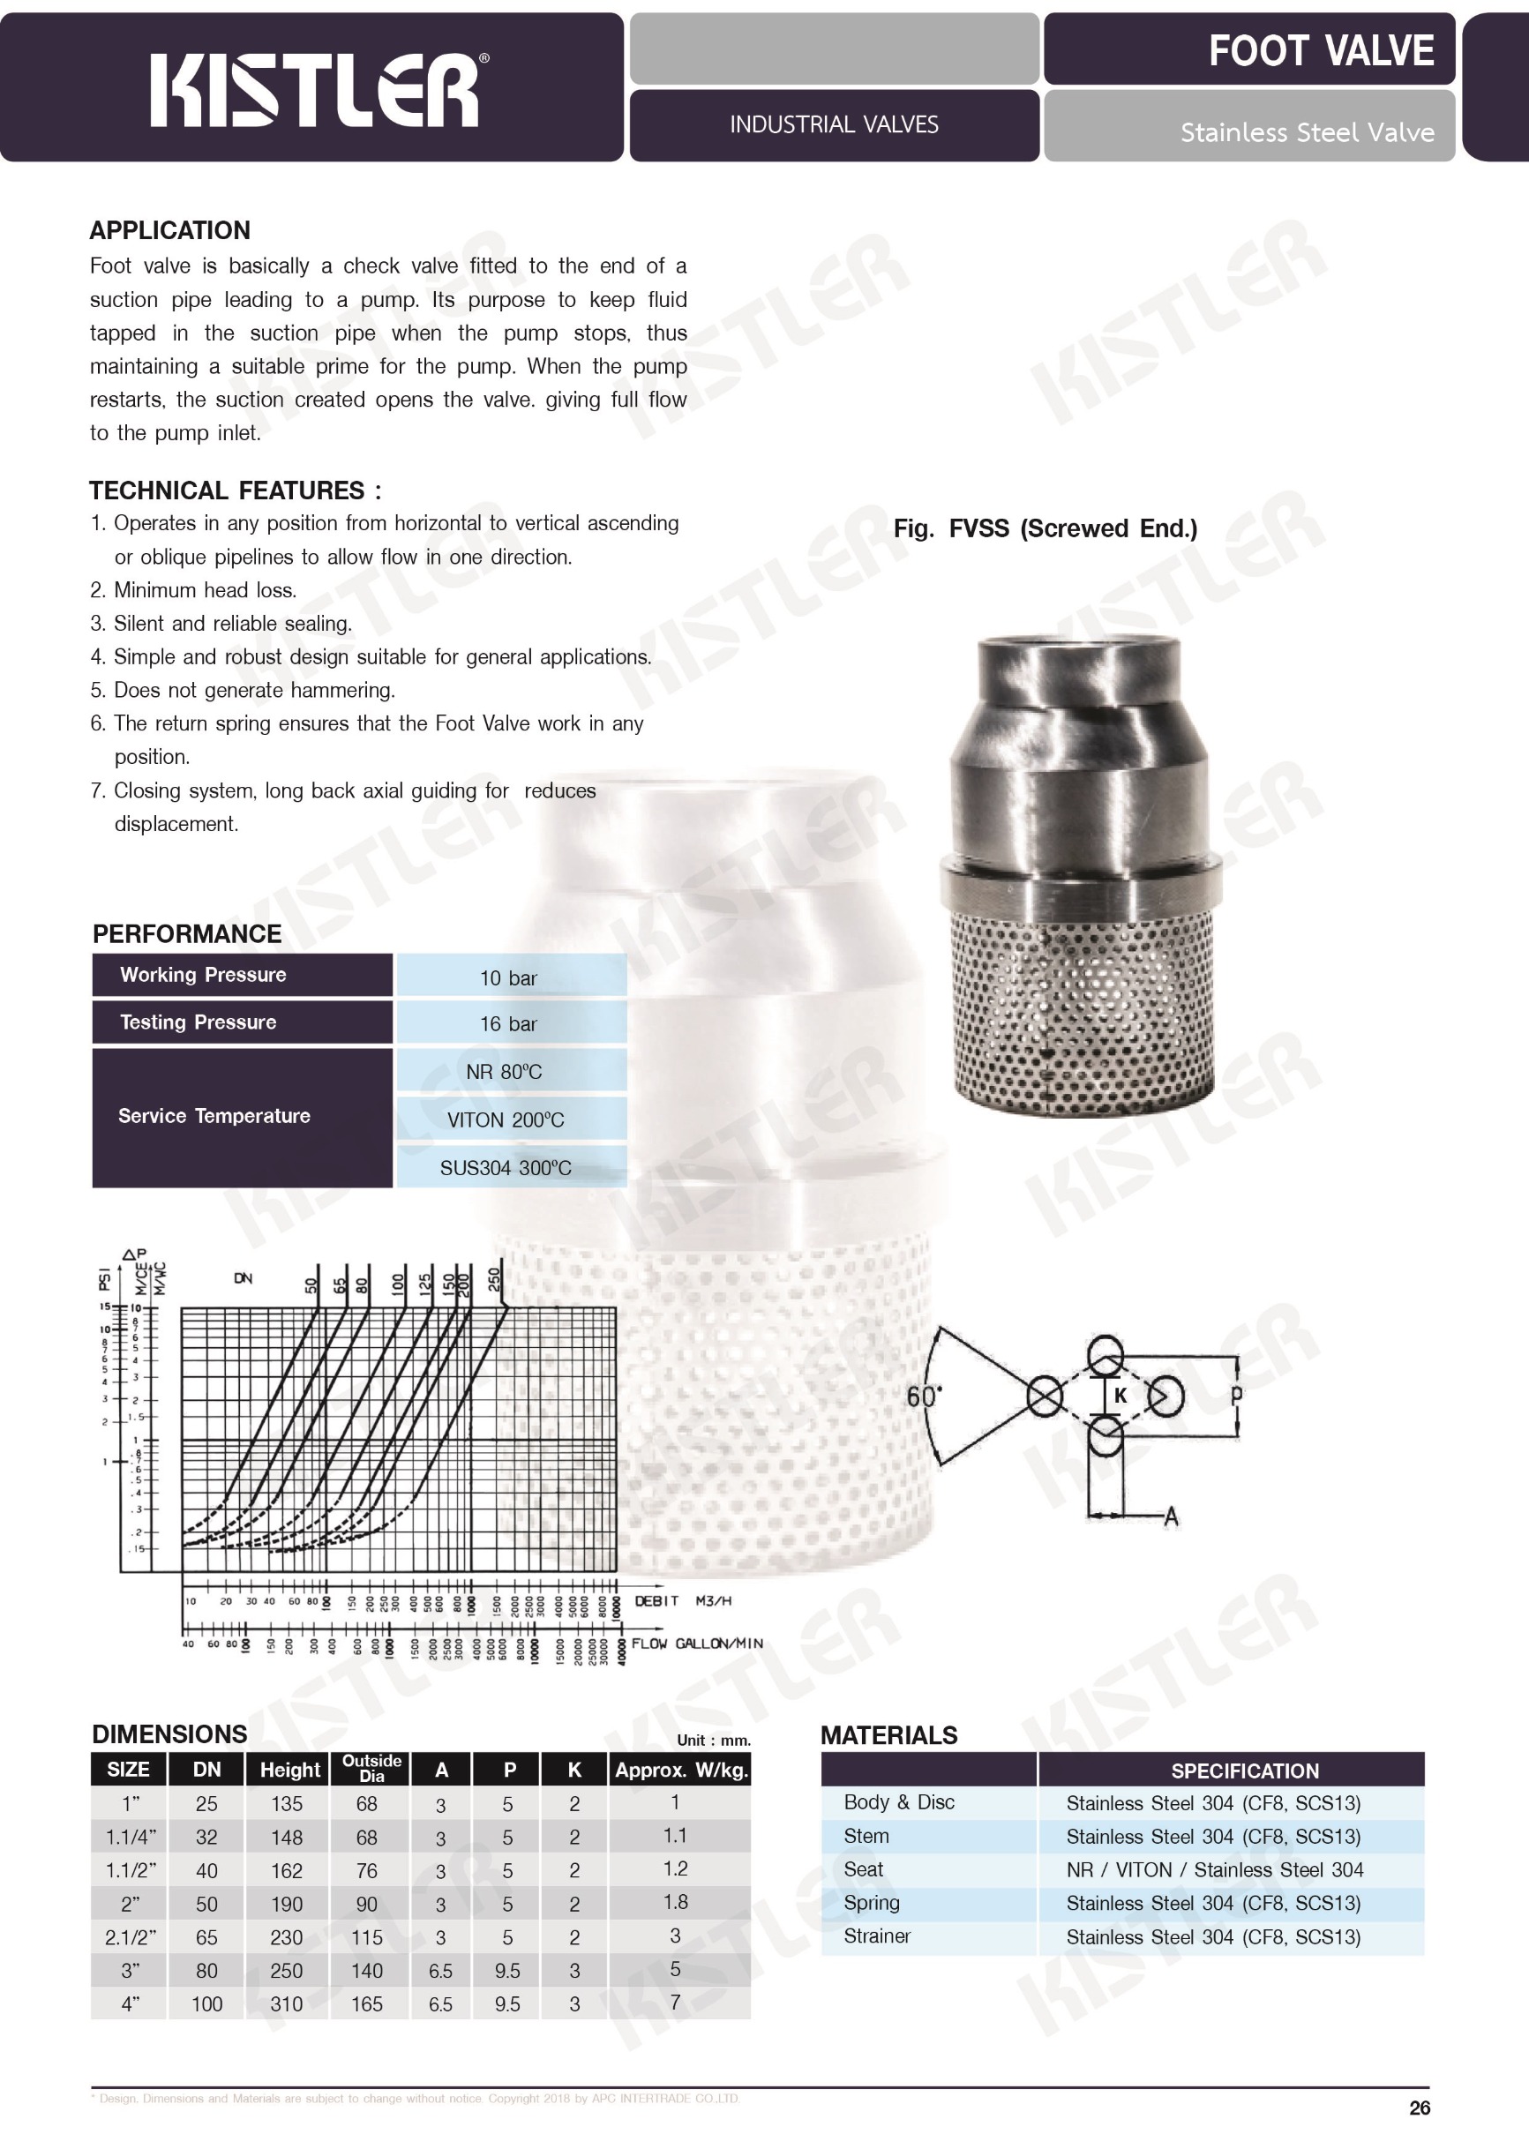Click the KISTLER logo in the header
(x=314, y=89)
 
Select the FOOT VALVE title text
(x=1320, y=51)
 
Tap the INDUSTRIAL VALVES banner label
(x=834, y=125)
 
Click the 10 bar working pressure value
(x=508, y=977)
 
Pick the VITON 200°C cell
(x=506, y=1119)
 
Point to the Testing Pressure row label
(x=198, y=1022)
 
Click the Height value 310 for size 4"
(x=287, y=2004)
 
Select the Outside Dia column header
(x=371, y=1768)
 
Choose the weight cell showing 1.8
(x=675, y=1902)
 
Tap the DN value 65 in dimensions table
(x=206, y=1937)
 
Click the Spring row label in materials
(x=872, y=1903)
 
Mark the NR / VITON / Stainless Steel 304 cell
(x=1214, y=1869)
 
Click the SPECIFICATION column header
(x=1244, y=1771)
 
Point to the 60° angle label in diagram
(x=923, y=1396)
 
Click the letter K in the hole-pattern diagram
(x=1120, y=1396)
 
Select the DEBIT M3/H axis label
(x=682, y=1600)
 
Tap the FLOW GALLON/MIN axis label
(x=696, y=1643)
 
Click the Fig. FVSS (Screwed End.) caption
(x=1046, y=528)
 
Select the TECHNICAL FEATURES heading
(x=236, y=490)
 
